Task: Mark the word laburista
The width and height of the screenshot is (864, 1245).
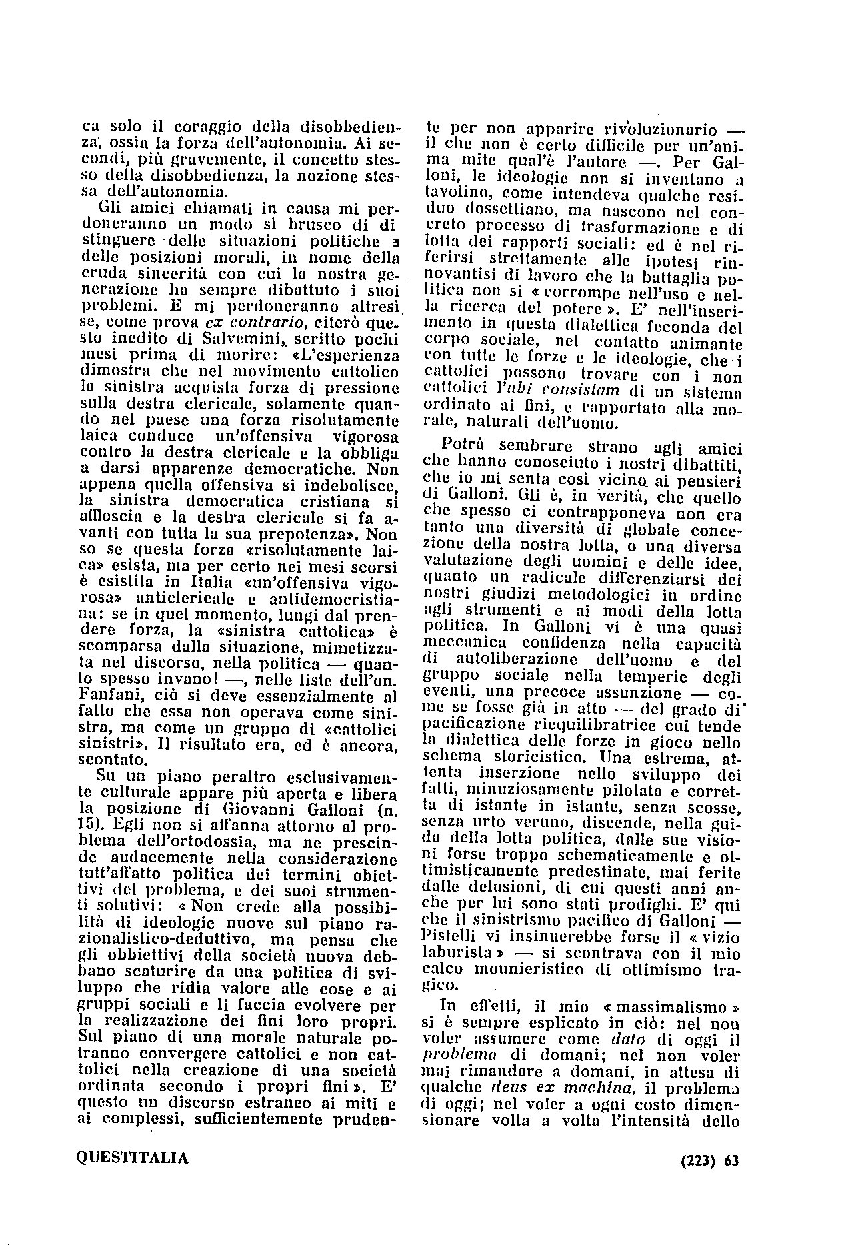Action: pyautogui.click(x=456, y=953)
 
